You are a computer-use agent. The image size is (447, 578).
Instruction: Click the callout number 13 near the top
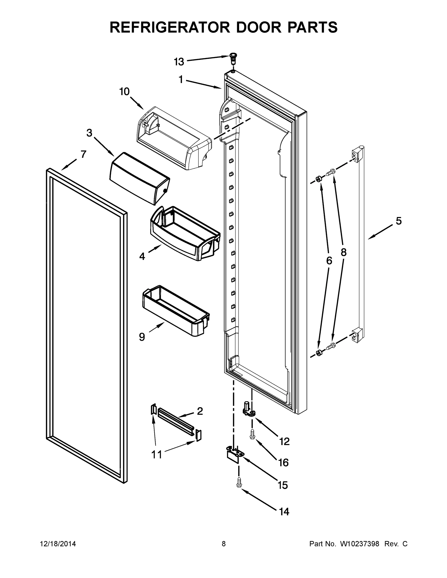click(x=179, y=62)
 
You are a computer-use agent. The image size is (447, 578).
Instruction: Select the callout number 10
click(x=124, y=92)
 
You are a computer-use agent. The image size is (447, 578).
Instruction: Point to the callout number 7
click(x=83, y=154)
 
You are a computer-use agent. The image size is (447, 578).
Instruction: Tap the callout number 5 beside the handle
click(x=399, y=221)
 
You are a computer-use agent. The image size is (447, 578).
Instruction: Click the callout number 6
click(x=329, y=261)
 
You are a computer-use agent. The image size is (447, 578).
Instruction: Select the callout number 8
click(x=343, y=252)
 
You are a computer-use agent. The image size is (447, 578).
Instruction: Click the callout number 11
click(x=156, y=455)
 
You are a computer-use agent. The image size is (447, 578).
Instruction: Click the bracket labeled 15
click(x=235, y=455)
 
